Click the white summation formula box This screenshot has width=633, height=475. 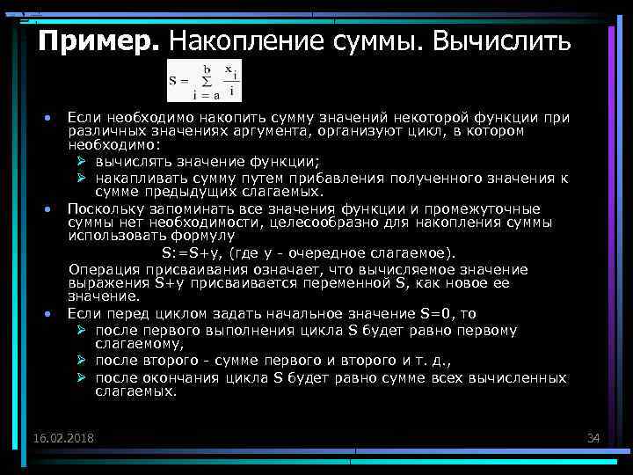point(202,82)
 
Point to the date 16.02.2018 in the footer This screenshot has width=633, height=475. point(63,438)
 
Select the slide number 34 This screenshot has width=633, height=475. point(593,438)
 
